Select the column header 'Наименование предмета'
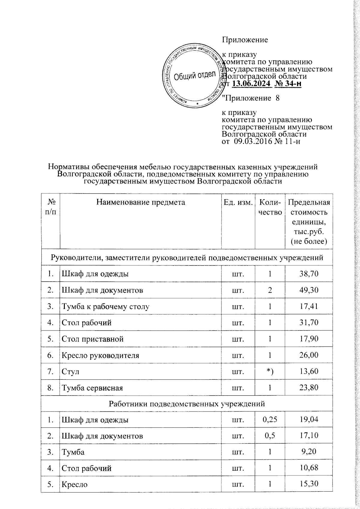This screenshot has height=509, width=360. click(x=141, y=202)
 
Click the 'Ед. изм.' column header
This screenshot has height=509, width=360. click(x=238, y=202)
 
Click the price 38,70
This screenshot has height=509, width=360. click(x=309, y=274)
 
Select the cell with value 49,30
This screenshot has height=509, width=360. click(x=309, y=290)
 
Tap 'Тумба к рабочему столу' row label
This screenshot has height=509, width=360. click(x=105, y=307)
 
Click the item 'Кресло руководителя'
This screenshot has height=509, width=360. click(x=100, y=355)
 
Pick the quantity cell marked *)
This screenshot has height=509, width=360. click(x=270, y=372)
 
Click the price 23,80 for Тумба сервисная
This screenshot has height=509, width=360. click(x=309, y=388)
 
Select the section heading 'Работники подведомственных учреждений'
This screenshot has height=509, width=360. click(x=187, y=404)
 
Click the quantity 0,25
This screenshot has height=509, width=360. click(x=270, y=420)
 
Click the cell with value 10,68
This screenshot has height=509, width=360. click(x=309, y=468)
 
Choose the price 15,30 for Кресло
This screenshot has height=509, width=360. click(x=309, y=484)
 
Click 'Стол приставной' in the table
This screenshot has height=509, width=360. click(x=92, y=339)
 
